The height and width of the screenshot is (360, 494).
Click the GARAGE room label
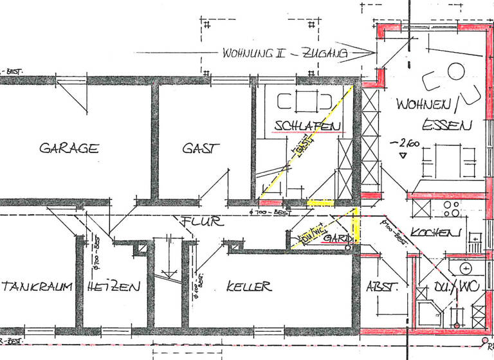tap(69, 148)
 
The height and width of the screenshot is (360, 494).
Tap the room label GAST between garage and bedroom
tap(201, 148)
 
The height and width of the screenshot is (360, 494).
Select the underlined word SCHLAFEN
tap(307, 125)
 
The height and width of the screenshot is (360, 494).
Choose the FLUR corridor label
tap(201, 222)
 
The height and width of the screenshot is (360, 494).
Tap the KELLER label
tap(249, 287)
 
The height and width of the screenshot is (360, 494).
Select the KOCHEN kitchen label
tap(436, 232)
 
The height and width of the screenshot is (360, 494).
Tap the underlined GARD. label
tap(338, 239)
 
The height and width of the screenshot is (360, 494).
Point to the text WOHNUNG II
tap(253, 53)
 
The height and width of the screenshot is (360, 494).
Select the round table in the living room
tap(456, 71)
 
